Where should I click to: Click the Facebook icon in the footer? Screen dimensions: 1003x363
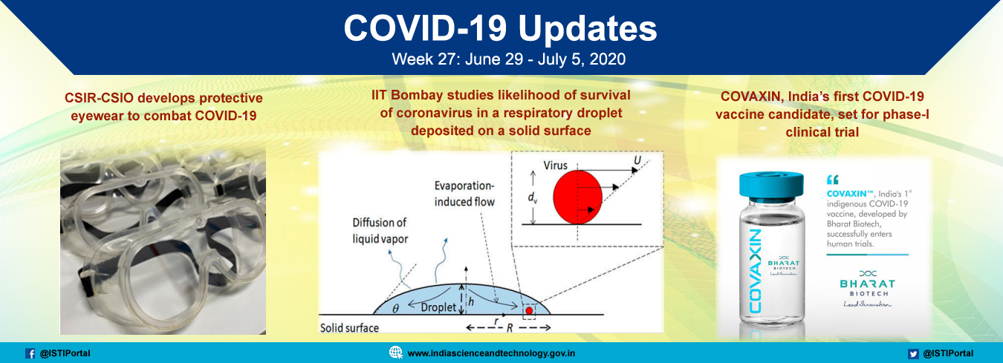coord(30,353)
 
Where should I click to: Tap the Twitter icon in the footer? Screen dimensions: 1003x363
coord(913,353)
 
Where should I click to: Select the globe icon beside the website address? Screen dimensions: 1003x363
coord(396,353)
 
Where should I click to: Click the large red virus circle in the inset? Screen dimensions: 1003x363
coord(577,197)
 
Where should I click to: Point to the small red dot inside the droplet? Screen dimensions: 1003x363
coord(529,310)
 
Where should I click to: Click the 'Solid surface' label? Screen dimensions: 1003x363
coord(349,328)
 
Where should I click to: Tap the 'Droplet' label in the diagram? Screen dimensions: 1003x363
coord(438,307)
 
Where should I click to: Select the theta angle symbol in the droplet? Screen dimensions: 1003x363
coord(395,308)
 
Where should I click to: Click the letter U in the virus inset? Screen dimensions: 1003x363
coord(637,160)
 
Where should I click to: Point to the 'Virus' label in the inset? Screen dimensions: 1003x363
coord(555,165)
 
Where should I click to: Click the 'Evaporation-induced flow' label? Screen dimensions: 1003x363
coord(464,194)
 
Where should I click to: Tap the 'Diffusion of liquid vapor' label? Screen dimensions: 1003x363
coord(380,231)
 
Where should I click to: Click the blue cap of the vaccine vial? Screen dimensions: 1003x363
coord(771,186)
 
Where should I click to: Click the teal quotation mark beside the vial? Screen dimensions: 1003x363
coord(832,180)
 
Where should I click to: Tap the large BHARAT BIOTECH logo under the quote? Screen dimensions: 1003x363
coord(867,288)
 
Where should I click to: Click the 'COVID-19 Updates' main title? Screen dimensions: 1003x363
coord(501,29)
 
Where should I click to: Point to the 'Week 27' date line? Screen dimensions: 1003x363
coord(509,59)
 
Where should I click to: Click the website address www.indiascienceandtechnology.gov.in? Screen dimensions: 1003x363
coord(491,353)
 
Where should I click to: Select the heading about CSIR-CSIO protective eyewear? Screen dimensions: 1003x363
coord(163,107)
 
